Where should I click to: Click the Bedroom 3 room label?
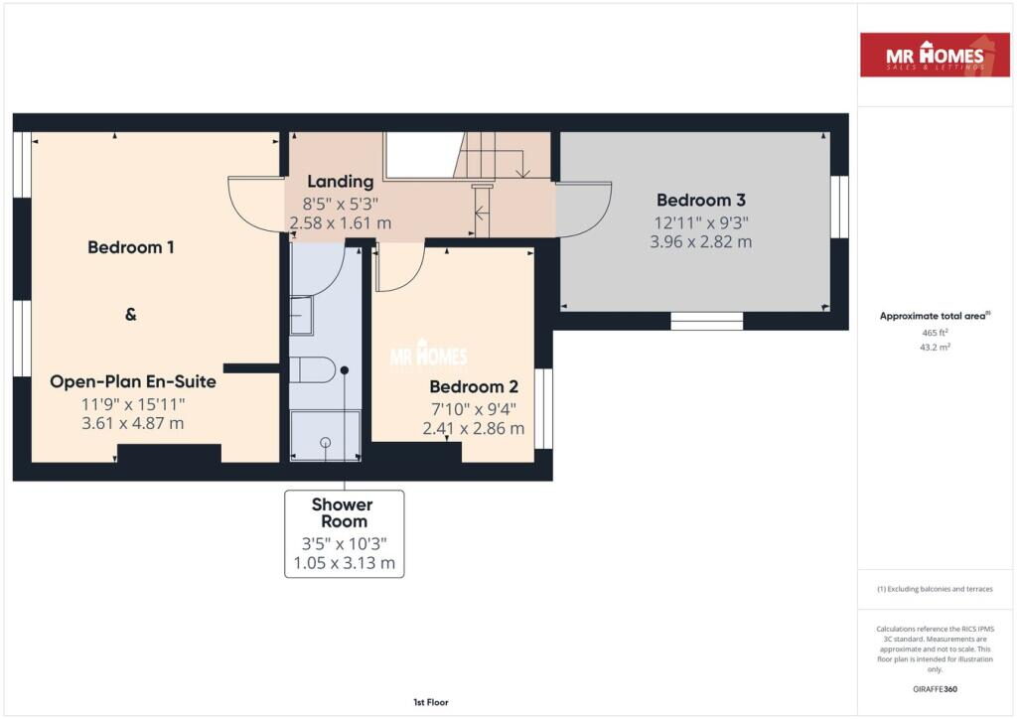click(700, 201)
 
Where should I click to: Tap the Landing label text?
click(341, 182)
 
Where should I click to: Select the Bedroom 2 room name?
click(474, 387)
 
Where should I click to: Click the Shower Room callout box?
click(345, 533)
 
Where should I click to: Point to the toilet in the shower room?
click(313, 369)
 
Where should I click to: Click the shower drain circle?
click(326, 442)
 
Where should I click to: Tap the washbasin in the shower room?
click(302, 315)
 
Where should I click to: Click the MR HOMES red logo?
click(935, 55)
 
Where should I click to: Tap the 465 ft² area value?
click(935, 333)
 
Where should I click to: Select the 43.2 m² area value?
click(935, 347)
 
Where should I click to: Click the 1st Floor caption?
click(431, 702)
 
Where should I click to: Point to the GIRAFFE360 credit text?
click(935, 689)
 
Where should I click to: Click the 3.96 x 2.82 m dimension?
click(700, 242)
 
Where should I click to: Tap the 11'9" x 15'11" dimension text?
click(133, 404)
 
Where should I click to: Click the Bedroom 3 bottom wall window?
click(706, 321)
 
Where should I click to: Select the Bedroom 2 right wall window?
click(543, 408)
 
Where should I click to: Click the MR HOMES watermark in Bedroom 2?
click(428, 354)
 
